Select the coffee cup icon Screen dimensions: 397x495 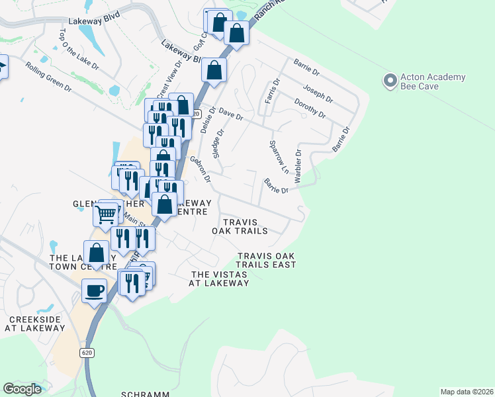[x=94, y=290]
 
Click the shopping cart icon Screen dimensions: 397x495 [x=106, y=214]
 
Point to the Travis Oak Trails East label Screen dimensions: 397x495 [x=266, y=260]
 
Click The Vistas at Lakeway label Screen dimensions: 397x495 [x=220, y=279]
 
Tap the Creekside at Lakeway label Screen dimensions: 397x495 [x=33, y=324]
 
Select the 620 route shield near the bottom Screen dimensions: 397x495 [x=88, y=353]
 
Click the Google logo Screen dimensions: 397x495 [x=22, y=389]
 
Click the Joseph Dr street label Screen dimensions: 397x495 [x=318, y=93]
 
